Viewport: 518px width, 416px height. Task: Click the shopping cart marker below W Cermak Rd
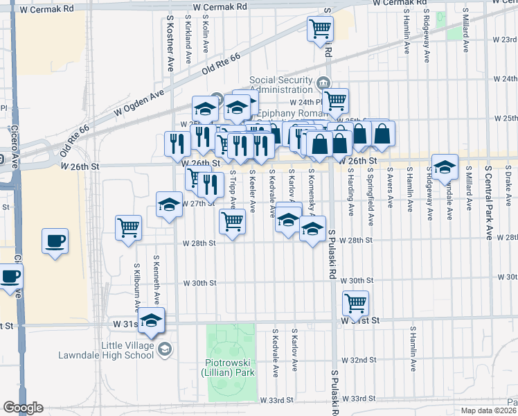[x=321, y=28]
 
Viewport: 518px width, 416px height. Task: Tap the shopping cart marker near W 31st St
[x=355, y=302]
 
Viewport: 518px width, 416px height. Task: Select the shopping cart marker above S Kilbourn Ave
[x=129, y=227]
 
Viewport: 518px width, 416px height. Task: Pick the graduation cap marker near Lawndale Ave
[x=445, y=166]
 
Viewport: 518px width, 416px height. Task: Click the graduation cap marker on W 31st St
[x=152, y=321]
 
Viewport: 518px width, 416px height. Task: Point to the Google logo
[x=23, y=408]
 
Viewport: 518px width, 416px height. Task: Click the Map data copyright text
[x=488, y=410]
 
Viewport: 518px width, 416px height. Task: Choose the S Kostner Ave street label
[x=170, y=45]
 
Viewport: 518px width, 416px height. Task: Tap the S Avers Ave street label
[x=391, y=188]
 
